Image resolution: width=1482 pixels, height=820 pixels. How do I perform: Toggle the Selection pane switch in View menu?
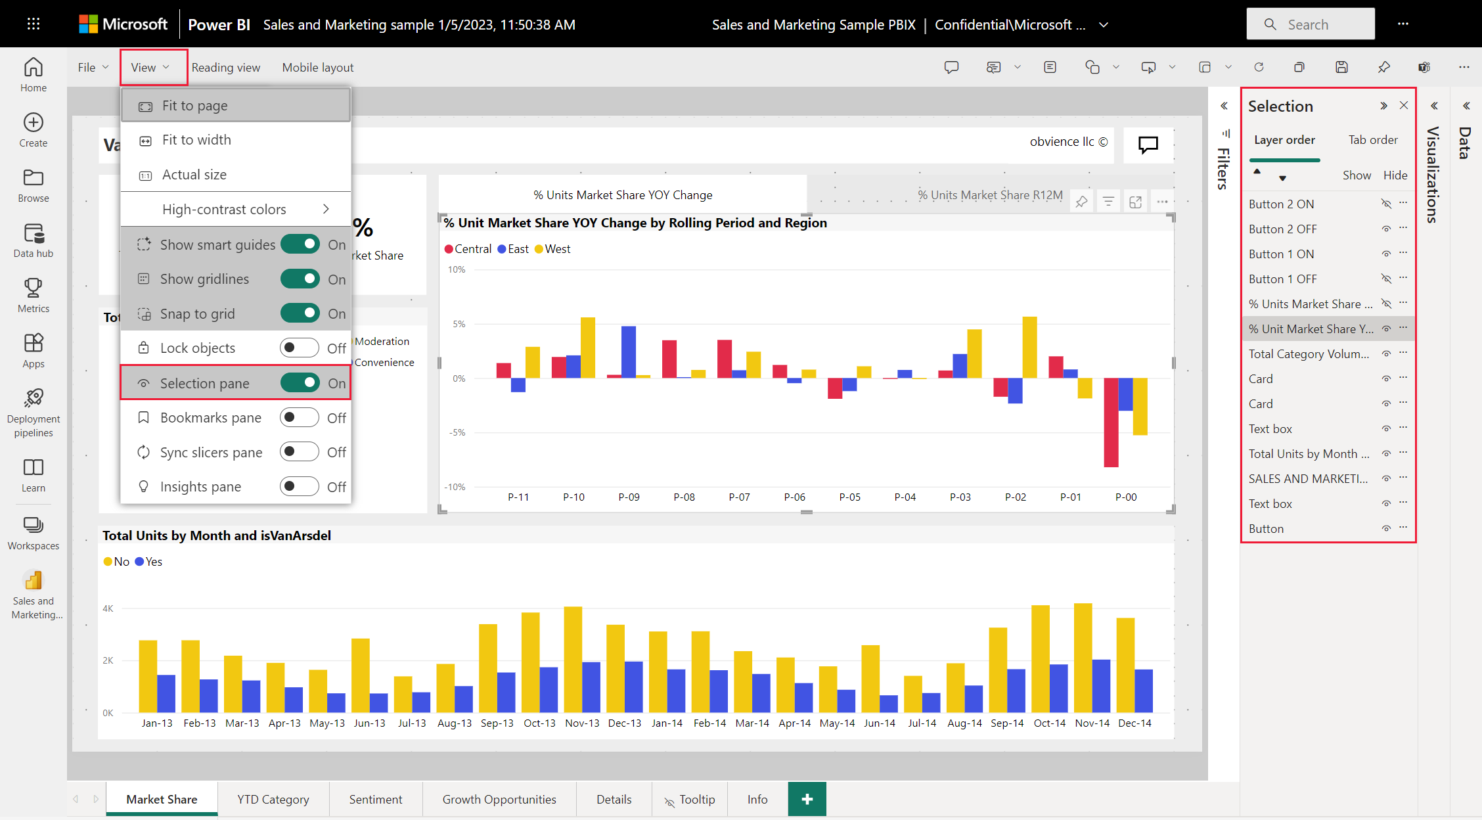coord(300,382)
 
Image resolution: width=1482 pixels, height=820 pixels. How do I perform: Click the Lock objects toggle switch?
coord(300,348)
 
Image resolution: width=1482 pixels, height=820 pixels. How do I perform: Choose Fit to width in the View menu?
coord(196,140)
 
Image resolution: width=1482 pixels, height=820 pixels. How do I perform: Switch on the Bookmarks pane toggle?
coord(300,417)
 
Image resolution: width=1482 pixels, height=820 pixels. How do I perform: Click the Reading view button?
coord(226,67)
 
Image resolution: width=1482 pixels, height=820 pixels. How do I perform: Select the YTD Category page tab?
coord(273,799)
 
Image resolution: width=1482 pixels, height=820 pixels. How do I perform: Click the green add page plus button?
coord(807,799)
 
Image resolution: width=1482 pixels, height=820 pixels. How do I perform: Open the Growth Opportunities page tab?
coord(499,799)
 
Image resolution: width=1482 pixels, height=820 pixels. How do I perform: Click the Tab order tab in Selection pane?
coord(1373,140)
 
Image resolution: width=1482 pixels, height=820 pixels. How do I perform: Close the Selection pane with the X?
coord(1404,106)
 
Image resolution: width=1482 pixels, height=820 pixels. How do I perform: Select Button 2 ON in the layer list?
coord(1281,204)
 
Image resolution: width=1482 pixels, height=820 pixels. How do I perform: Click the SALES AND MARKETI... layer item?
coord(1309,478)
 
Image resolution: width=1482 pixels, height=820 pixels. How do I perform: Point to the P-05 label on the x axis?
coord(850,497)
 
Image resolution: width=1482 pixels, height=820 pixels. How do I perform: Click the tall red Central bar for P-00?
coord(1111,422)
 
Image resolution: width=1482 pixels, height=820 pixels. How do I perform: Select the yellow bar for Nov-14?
coord(1083,658)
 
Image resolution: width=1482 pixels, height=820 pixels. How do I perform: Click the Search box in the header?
coord(1311,24)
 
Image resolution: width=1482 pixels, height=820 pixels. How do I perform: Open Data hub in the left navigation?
coord(34,240)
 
